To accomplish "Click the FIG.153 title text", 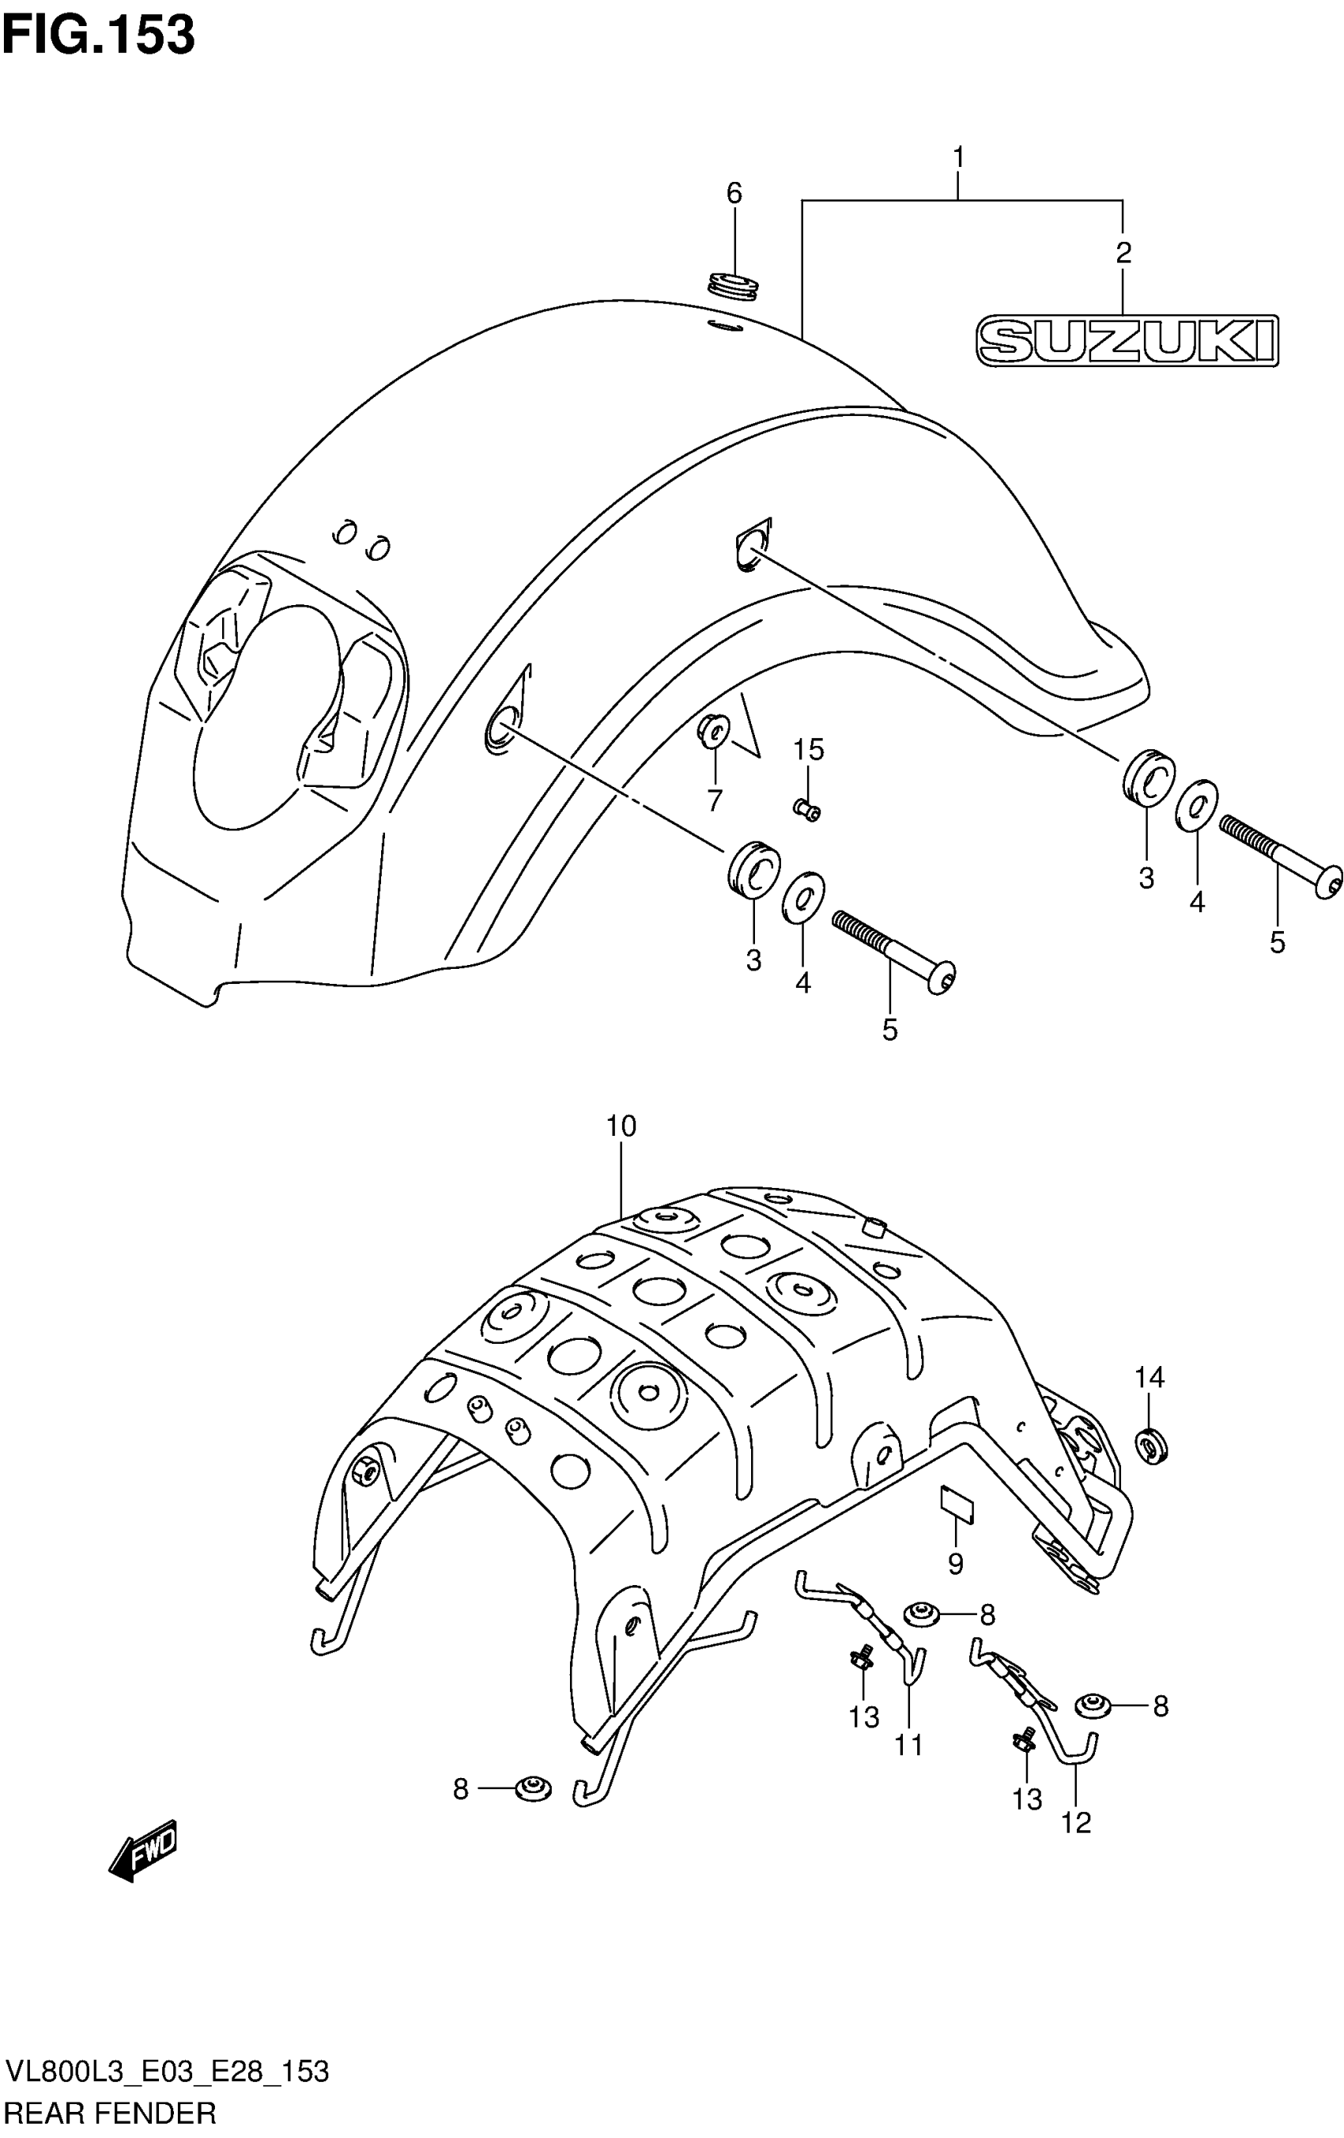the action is [x=99, y=36].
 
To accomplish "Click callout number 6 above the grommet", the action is [x=734, y=193].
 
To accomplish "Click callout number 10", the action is [x=621, y=1126].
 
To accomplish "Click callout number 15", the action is [x=809, y=751].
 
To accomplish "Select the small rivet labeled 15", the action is [x=807, y=810].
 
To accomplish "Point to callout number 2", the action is [x=1123, y=253].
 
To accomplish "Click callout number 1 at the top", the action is [x=959, y=157].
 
